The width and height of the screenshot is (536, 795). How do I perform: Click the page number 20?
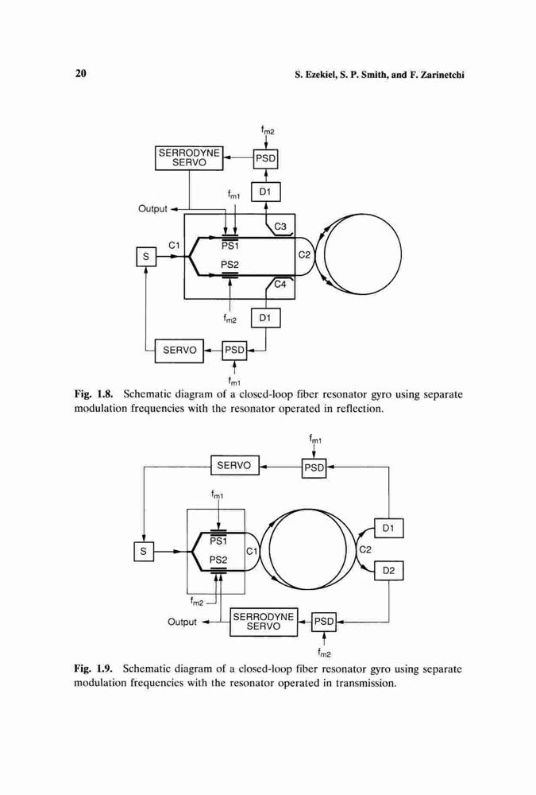tap(80, 73)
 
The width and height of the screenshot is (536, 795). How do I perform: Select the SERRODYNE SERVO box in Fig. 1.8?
tap(189, 157)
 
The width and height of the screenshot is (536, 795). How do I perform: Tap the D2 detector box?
tap(388, 570)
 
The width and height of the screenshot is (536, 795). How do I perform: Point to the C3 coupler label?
tap(280, 226)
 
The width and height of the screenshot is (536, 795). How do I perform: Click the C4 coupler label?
tap(280, 285)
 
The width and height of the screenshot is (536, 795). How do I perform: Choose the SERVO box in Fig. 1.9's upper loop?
tap(234, 465)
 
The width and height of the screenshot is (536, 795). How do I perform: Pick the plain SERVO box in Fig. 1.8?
tap(179, 351)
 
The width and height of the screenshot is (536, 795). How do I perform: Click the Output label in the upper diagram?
tap(152, 208)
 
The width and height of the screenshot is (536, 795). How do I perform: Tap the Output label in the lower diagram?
tap(182, 622)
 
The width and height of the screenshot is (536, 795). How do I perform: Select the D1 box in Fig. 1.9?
tap(388, 528)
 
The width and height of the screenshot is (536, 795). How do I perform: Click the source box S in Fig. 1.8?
tap(146, 257)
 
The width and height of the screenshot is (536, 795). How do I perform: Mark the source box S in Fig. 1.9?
tap(144, 551)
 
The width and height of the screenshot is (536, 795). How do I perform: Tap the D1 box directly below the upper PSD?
tap(265, 192)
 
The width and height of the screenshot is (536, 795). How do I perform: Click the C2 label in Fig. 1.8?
tap(304, 255)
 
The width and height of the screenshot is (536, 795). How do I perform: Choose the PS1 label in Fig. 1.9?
tap(218, 541)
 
